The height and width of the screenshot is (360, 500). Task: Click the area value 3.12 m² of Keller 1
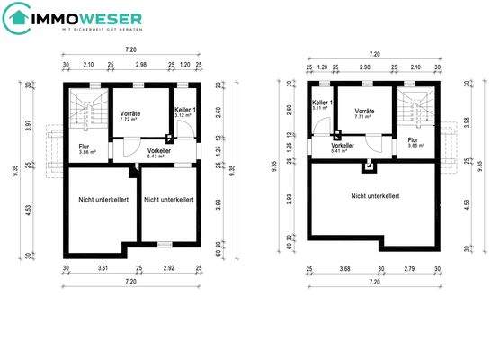click(x=183, y=115)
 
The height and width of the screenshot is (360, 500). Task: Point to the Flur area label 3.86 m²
click(x=87, y=152)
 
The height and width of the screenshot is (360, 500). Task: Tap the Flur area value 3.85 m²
click(x=415, y=145)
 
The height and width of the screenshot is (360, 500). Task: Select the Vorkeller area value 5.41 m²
click(x=341, y=150)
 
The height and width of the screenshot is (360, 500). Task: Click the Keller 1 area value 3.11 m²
click(x=320, y=109)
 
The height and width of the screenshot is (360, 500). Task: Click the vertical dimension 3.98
click(x=466, y=124)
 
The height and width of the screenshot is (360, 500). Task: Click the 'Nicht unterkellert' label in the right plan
click(x=375, y=195)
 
